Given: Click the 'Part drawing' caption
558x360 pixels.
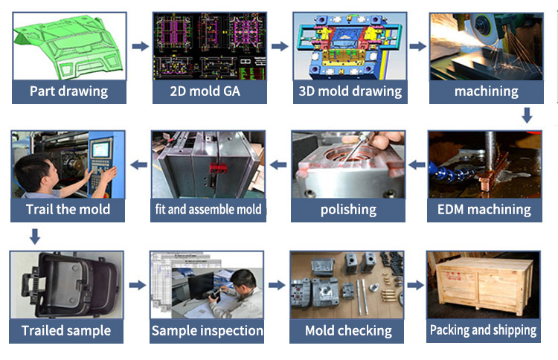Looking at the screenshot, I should [68, 92].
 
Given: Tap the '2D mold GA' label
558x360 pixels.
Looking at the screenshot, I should [208, 92].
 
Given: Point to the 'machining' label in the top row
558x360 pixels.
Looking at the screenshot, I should [486, 92].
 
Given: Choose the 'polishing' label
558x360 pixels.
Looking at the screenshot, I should [348, 209].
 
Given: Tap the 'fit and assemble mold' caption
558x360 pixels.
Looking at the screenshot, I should [208, 209].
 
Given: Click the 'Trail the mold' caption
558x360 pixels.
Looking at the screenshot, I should [68, 209].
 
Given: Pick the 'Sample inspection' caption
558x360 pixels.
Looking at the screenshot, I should [208, 330].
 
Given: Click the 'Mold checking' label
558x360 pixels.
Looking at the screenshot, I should [348, 330].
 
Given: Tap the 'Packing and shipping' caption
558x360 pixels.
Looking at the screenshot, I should [483, 330].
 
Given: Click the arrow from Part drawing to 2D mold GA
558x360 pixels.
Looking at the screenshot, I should [139, 46].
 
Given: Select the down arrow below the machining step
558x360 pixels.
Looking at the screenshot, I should [527, 115].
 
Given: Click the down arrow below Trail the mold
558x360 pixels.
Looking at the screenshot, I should [34, 237].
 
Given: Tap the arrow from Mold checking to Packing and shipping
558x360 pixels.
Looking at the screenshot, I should [417, 285].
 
